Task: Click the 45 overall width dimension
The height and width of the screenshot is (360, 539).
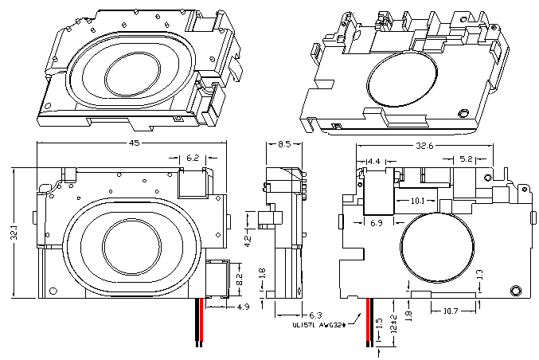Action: click(x=135, y=143)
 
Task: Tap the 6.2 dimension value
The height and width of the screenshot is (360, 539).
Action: click(x=193, y=159)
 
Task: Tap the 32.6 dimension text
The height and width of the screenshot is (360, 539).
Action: click(x=425, y=147)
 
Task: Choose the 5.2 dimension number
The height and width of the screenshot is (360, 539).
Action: click(x=467, y=160)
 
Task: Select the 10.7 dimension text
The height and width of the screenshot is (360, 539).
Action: click(x=451, y=311)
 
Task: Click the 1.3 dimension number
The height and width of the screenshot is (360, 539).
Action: click(x=479, y=275)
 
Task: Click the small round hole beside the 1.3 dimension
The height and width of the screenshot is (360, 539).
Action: click(x=517, y=290)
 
